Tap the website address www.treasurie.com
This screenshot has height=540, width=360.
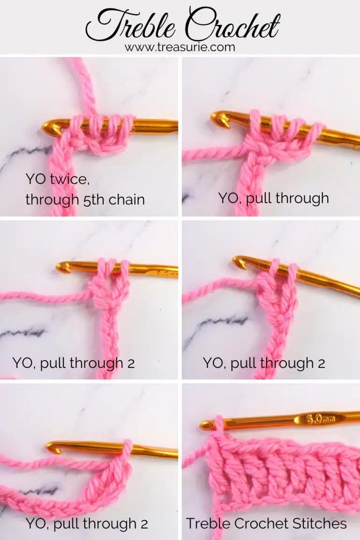(x=180, y=47)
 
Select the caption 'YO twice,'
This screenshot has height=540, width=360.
(x=57, y=180)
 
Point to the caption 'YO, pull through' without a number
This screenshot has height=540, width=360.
(x=274, y=198)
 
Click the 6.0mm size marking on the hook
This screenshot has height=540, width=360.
(x=320, y=419)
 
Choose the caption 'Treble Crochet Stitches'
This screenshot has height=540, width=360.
(x=266, y=524)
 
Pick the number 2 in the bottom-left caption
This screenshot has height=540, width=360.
(x=144, y=525)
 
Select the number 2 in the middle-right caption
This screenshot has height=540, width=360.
(x=322, y=364)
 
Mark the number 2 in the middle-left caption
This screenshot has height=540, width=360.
(x=131, y=364)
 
